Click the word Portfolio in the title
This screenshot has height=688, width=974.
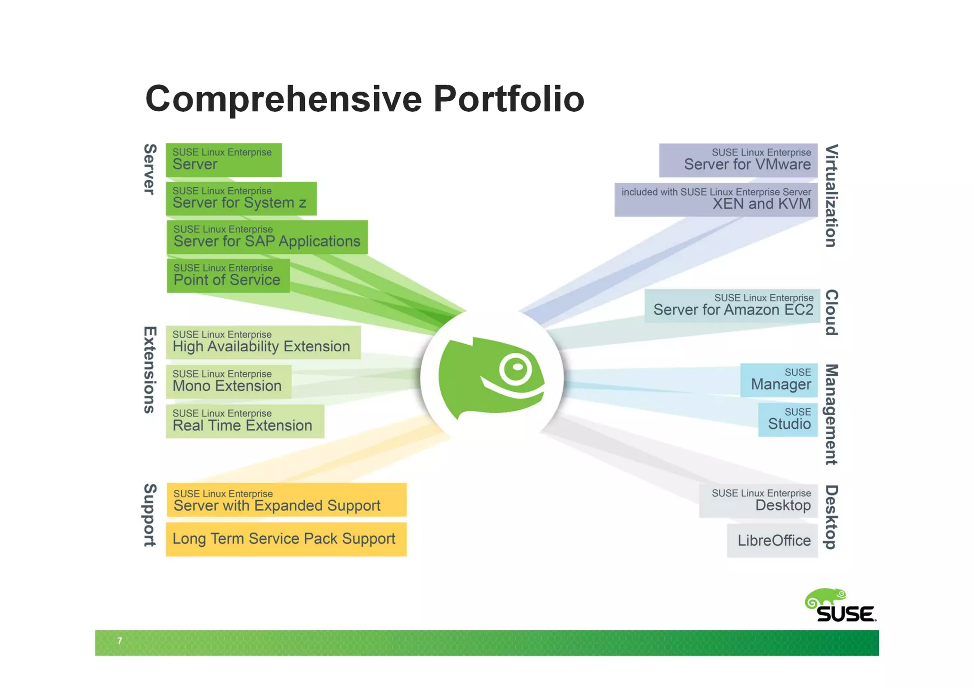(508, 99)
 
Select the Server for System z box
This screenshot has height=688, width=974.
(241, 198)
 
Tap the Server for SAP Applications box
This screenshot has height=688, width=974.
(267, 237)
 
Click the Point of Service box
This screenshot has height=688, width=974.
(228, 275)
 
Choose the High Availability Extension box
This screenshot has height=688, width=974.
(263, 342)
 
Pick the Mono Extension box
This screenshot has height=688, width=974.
(228, 381)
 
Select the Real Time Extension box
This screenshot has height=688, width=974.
(244, 421)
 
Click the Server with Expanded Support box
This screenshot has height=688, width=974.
(286, 500)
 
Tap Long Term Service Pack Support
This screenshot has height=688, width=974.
(286, 539)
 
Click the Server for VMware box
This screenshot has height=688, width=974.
(738, 160)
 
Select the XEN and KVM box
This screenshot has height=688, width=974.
(716, 200)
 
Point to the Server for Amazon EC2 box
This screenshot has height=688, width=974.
(732, 306)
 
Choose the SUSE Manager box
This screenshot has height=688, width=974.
(779, 380)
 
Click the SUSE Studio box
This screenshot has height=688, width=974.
(788, 419)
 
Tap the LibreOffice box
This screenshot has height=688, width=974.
(772, 541)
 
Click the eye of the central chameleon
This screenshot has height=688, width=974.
(516, 368)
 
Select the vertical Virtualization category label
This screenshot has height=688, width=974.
(831, 195)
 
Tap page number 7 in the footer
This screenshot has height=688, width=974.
(120, 641)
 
